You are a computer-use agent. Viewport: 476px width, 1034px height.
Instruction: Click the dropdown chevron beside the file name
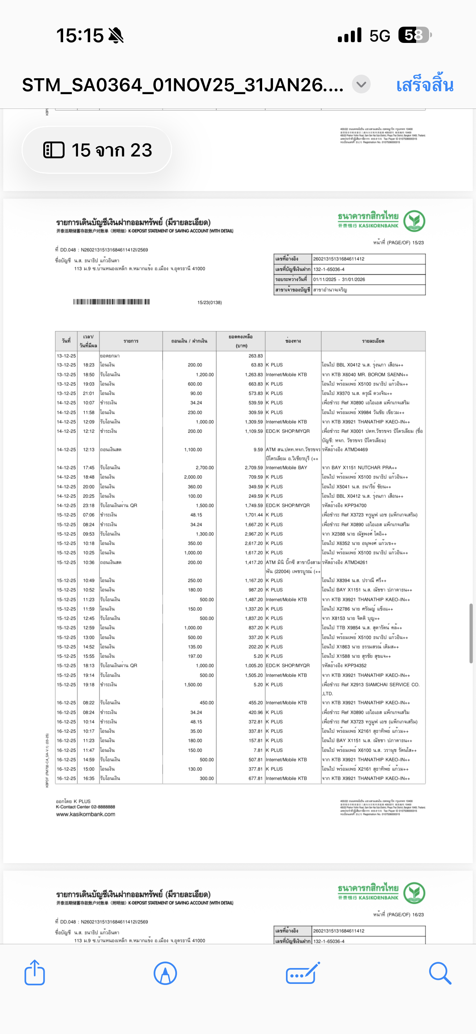(x=361, y=85)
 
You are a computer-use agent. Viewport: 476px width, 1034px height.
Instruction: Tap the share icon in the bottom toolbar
(x=35, y=973)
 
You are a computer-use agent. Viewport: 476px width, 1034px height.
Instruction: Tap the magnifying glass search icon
(x=440, y=973)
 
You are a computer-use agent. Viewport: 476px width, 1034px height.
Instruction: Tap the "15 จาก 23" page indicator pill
(x=97, y=150)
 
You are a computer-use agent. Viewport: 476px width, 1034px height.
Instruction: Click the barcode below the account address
(x=111, y=302)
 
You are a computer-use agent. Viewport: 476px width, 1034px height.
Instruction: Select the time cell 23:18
(x=89, y=505)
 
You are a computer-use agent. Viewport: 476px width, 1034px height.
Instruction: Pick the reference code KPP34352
(x=355, y=666)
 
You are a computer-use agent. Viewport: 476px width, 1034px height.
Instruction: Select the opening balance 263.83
(x=255, y=355)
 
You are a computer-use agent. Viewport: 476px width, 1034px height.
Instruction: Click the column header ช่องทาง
(x=293, y=341)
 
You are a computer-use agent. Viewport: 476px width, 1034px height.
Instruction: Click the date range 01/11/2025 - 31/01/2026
(x=339, y=279)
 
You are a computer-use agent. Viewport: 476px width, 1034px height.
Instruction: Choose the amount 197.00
(x=195, y=656)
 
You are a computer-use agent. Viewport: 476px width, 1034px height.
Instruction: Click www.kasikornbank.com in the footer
(x=85, y=814)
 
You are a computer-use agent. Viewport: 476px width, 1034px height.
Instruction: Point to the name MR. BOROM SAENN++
(x=383, y=375)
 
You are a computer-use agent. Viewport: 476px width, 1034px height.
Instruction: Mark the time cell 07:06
(x=89, y=514)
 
